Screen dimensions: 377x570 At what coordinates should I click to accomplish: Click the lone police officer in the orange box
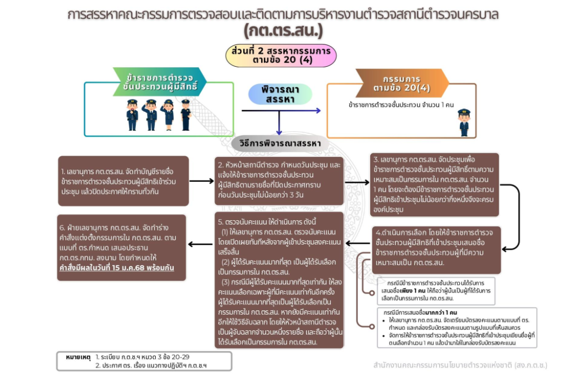[464, 122]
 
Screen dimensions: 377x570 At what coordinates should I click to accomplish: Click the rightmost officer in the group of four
[185, 115]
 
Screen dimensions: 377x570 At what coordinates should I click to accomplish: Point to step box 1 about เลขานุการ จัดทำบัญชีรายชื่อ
[122, 181]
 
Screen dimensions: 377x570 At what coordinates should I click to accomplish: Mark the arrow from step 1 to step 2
[201, 181]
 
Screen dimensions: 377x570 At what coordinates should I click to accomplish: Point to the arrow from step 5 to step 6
[201, 244]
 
